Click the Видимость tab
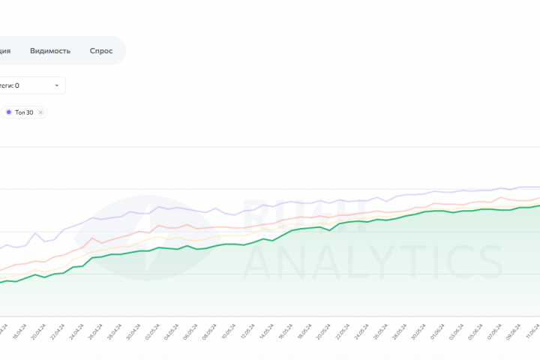(x=50, y=51)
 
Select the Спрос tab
(x=100, y=51)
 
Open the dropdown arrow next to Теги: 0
(x=56, y=85)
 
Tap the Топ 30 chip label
(x=24, y=112)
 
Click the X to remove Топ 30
(x=40, y=112)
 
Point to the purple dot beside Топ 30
(x=8, y=112)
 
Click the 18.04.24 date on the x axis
(x=18, y=331)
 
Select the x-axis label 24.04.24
(x=75, y=331)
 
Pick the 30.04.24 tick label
(x=132, y=331)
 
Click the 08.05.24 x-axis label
(x=208, y=331)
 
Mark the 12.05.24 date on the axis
(x=246, y=331)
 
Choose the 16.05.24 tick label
(x=283, y=331)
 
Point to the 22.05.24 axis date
(x=340, y=331)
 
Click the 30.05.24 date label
(x=416, y=331)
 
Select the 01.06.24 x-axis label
(x=436, y=331)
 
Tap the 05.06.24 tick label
(x=473, y=331)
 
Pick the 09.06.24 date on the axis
(x=511, y=331)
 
